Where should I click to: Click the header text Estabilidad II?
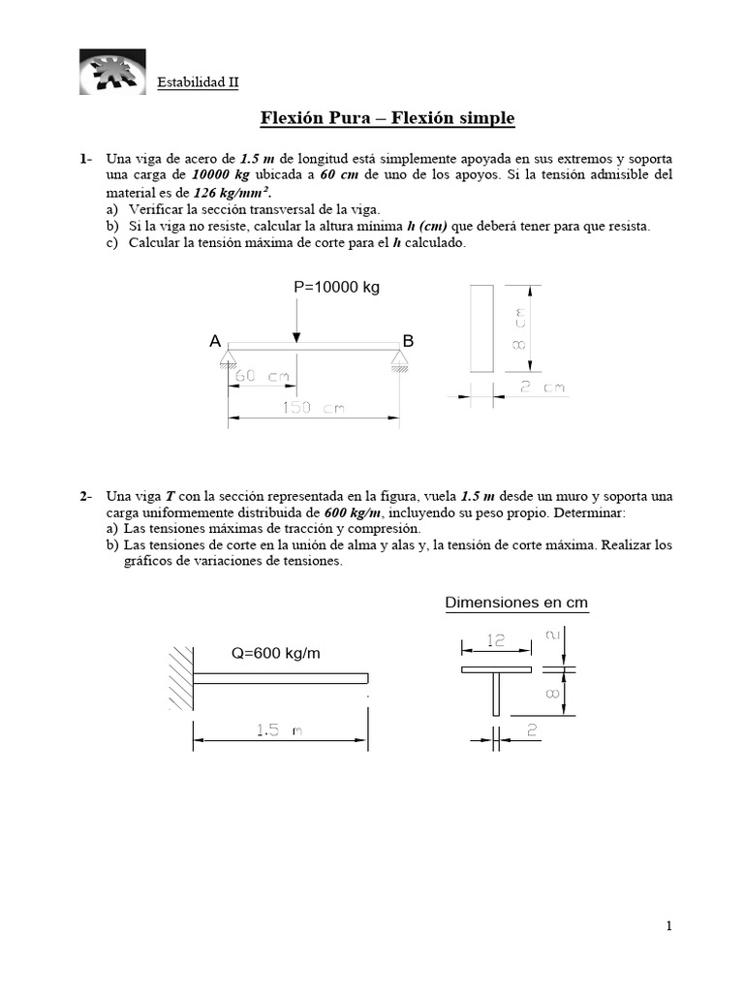tap(198, 83)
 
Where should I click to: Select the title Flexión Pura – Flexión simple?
tap(387, 118)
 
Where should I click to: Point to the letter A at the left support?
tap(214, 341)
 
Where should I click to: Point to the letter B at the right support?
tap(408, 341)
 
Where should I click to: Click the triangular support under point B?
tap(399, 360)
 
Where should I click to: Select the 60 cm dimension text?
tap(261, 377)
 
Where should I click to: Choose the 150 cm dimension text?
tap(313, 408)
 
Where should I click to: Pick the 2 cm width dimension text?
tap(541, 387)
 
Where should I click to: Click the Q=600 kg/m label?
tap(274, 653)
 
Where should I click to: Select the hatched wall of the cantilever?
tap(181, 677)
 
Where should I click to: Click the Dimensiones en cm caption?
tap(516, 603)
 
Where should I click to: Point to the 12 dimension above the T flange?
tap(497, 641)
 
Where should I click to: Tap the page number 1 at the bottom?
tap(668, 926)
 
